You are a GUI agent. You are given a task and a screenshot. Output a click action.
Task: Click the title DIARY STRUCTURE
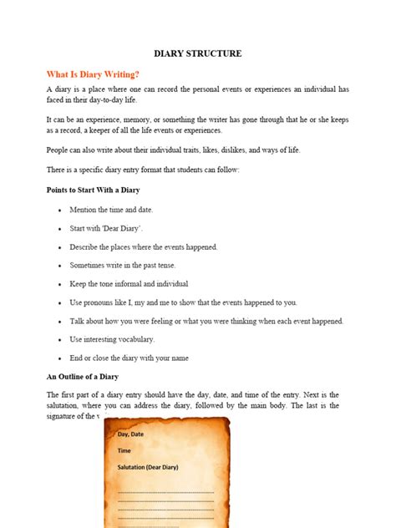pos(198,53)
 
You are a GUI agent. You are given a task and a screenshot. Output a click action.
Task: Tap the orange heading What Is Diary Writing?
pos(93,74)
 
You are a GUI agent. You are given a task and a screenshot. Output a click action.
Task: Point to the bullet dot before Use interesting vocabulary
pos(59,340)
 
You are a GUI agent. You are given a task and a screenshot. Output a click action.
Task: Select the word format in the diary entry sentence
pos(170,170)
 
